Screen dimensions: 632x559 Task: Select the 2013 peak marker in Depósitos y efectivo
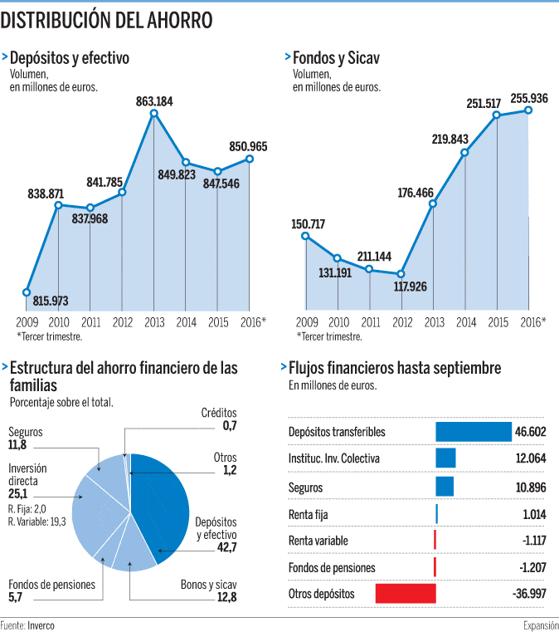pyautogui.click(x=153, y=112)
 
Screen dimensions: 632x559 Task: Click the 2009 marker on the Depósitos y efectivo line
pyautogui.click(x=27, y=292)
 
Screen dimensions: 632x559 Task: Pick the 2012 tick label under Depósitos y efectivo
pyautogui.click(x=122, y=322)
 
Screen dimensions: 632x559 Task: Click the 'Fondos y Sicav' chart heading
pyautogui.click(x=328, y=58)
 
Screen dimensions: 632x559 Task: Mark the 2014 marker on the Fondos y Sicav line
pyautogui.click(x=464, y=152)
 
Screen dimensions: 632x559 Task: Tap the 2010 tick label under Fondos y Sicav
pyautogui.click(x=338, y=322)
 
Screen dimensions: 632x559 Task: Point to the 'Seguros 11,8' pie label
pyautogui.click(x=25, y=438)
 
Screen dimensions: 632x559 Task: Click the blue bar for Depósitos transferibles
pyautogui.click(x=474, y=432)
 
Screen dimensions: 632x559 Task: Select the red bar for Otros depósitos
pyautogui.click(x=406, y=594)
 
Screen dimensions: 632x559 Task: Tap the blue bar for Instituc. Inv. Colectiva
pyautogui.click(x=445, y=458)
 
